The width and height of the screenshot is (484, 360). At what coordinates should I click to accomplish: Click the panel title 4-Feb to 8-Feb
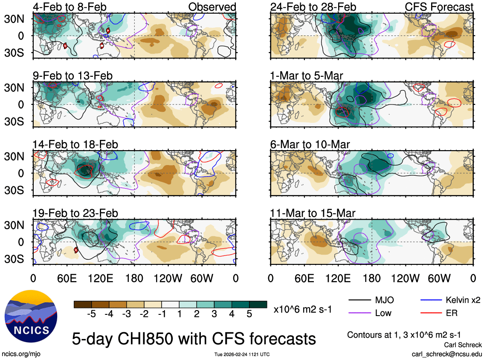pyautogui.click(x=70, y=7)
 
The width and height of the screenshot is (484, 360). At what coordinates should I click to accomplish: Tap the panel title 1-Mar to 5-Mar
pyautogui.click(x=307, y=75)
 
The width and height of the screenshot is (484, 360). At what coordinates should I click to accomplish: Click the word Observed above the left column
pyautogui.click(x=212, y=7)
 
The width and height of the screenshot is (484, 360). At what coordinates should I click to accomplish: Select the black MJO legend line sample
pyautogui.click(x=359, y=300)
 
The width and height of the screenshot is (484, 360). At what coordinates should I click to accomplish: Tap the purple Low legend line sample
pyautogui.click(x=359, y=313)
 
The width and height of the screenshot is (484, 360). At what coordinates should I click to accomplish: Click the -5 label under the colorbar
pyautogui.click(x=90, y=314)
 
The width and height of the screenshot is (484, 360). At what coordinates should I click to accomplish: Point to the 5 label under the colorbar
pyautogui.click(x=250, y=314)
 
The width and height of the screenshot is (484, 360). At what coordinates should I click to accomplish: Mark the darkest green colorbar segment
pyautogui.click(x=258, y=304)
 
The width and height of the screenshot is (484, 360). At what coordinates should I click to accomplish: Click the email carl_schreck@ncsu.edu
pyautogui.click(x=446, y=354)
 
